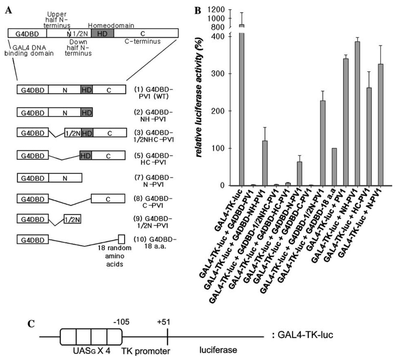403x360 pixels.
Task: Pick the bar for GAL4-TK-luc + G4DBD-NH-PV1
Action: coord(265,163)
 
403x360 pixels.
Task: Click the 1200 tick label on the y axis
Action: coord(216,10)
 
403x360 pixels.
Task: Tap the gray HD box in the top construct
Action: coord(103,33)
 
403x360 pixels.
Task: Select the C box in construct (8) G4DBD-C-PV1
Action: coord(108,199)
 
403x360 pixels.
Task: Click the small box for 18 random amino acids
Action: coord(121,239)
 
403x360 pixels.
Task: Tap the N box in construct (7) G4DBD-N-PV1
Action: coord(65,178)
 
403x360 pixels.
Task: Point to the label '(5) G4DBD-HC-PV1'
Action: coord(154,159)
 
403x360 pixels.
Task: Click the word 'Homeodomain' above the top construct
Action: coord(111,26)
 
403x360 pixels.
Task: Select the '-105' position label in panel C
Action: coord(121,322)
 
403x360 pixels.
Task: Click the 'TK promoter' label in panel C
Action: coord(146,351)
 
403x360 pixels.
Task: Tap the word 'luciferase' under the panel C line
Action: coord(218,349)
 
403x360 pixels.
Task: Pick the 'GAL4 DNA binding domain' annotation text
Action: coord(29,50)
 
